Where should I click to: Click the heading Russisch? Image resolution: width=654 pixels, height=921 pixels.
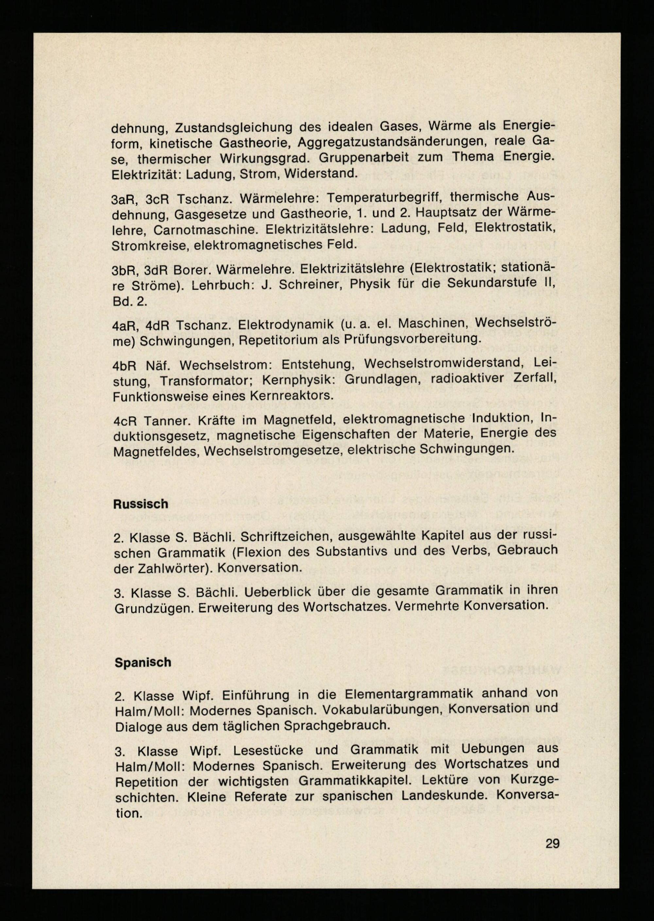(x=141, y=504)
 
